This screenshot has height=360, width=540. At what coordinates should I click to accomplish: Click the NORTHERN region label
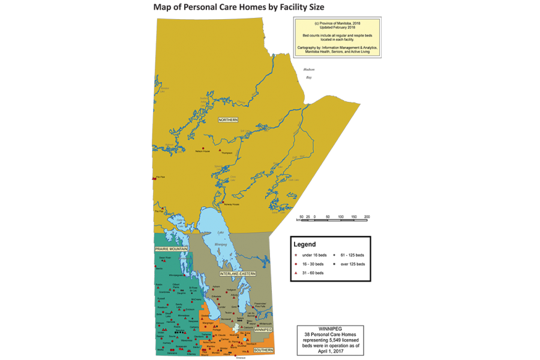(x=228, y=120)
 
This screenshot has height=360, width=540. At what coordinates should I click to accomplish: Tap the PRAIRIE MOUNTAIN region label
(x=172, y=249)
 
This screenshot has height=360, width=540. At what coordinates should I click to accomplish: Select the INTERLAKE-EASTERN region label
(x=238, y=274)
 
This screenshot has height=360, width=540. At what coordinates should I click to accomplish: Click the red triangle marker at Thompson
(x=221, y=149)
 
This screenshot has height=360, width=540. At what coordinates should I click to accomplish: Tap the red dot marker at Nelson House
(x=203, y=148)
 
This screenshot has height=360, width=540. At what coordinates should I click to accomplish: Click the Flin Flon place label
(x=160, y=177)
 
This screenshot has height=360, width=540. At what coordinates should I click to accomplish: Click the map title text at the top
(x=239, y=7)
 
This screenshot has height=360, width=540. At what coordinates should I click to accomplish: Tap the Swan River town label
(x=165, y=257)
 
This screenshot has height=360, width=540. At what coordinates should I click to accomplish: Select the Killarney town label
(x=191, y=354)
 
